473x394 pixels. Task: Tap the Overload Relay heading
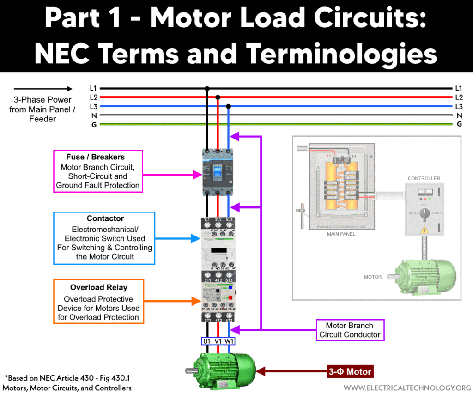[x=98, y=287]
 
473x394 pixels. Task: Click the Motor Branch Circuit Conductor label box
[x=350, y=330]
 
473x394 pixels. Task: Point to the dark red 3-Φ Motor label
[x=350, y=371]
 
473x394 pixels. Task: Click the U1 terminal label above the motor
[x=207, y=341]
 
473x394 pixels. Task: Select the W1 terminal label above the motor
[x=229, y=341]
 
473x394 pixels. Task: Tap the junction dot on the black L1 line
[x=207, y=88]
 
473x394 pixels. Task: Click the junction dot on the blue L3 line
[x=229, y=106]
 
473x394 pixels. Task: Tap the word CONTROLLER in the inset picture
[x=424, y=178]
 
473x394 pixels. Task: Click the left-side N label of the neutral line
[x=94, y=115]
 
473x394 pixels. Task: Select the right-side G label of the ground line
[x=459, y=124]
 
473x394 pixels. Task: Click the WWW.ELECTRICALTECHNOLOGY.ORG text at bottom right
[x=407, y=387]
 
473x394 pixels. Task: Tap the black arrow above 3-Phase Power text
[x=43, y=89]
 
